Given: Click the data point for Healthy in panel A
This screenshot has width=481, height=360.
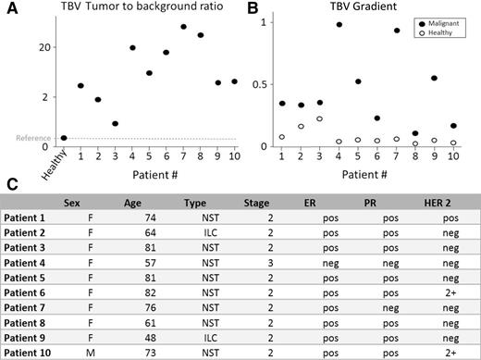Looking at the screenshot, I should point(63,138).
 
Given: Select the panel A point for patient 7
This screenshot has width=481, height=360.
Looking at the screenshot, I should point(183,27).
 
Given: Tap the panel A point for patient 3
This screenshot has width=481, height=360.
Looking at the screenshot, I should point(115,123).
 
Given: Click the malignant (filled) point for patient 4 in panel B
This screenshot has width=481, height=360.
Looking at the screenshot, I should point(339,25).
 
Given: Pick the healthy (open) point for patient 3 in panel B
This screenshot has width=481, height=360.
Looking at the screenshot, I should point(320,118).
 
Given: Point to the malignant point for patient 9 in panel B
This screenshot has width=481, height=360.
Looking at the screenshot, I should point(434,79).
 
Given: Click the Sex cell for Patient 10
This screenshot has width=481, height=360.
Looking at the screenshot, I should point(82,354).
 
